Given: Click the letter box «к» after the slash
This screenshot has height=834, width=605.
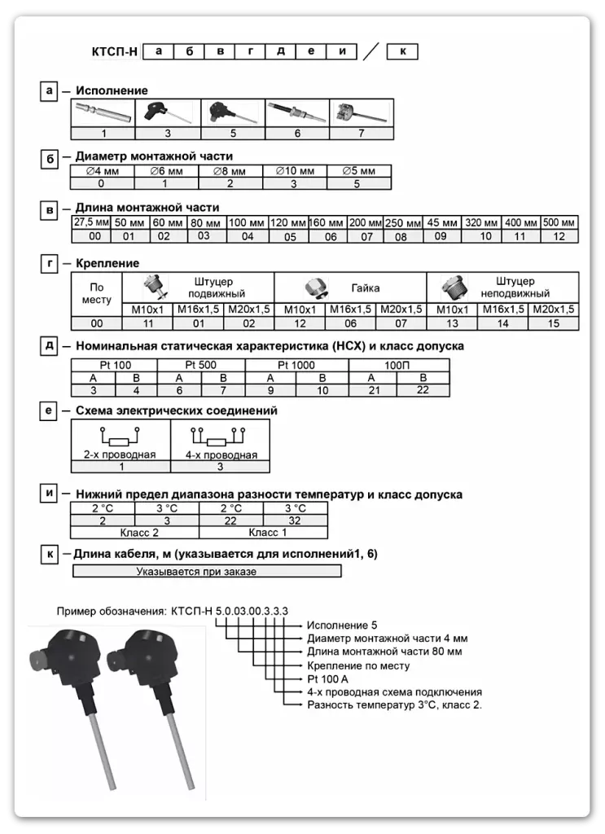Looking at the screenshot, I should (402, 51).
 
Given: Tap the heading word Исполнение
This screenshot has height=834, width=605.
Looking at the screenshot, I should (112, 91).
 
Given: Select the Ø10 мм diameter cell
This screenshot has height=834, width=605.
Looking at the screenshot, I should (295, 172).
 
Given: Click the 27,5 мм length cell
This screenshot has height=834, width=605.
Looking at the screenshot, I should (91, 222).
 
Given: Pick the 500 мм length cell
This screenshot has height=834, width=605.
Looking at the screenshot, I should (559, 222).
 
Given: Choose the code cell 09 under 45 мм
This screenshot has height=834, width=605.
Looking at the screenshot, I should (441, 236).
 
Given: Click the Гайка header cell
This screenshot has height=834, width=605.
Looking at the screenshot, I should (366, 288).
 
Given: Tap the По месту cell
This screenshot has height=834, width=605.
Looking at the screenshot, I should (97, 293).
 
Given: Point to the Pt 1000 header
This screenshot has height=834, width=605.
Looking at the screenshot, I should (296, 365).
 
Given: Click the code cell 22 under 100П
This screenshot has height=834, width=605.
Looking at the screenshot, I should (423, 391).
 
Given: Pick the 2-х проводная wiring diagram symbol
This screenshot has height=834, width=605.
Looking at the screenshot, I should (120, 434).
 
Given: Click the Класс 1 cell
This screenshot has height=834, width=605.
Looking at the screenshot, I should (264, 533).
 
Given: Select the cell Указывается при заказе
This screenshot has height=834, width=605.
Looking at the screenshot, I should (207, 572).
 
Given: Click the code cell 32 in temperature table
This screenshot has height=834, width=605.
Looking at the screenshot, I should (296, 520).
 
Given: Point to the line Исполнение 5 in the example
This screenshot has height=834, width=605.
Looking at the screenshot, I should (341, 625).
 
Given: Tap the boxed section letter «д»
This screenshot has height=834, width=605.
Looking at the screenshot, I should (50, 346).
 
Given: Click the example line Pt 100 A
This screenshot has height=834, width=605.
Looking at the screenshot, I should (327, 678).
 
